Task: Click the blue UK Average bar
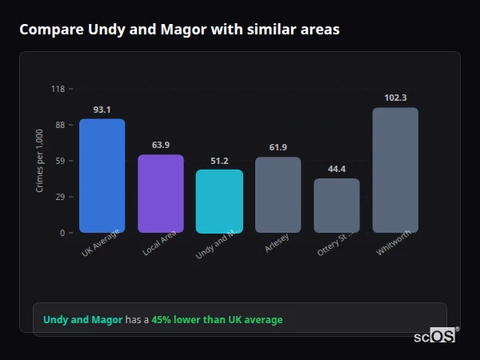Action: coord(102,176)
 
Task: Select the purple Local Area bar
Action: coord(161,194)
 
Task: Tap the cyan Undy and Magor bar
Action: coord(219,201)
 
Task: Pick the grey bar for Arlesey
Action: coord(278,194)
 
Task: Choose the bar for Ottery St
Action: coord(337,206)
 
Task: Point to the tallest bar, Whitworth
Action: coord(395,170)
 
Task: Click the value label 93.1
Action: coord(102,110)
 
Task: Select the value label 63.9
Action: coord(161,145)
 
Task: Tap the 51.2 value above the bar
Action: coord(219,161)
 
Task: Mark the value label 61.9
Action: coord(278,147)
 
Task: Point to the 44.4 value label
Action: coord(337,169)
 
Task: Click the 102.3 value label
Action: coord(395,98)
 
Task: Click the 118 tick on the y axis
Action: coord(58,89)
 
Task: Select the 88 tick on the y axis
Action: coord(59,125)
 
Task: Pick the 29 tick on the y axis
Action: coord(59,197)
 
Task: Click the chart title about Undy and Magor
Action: coord(179,30)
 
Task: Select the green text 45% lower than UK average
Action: coord(217,320)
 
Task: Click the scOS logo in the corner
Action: coord(434,336)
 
